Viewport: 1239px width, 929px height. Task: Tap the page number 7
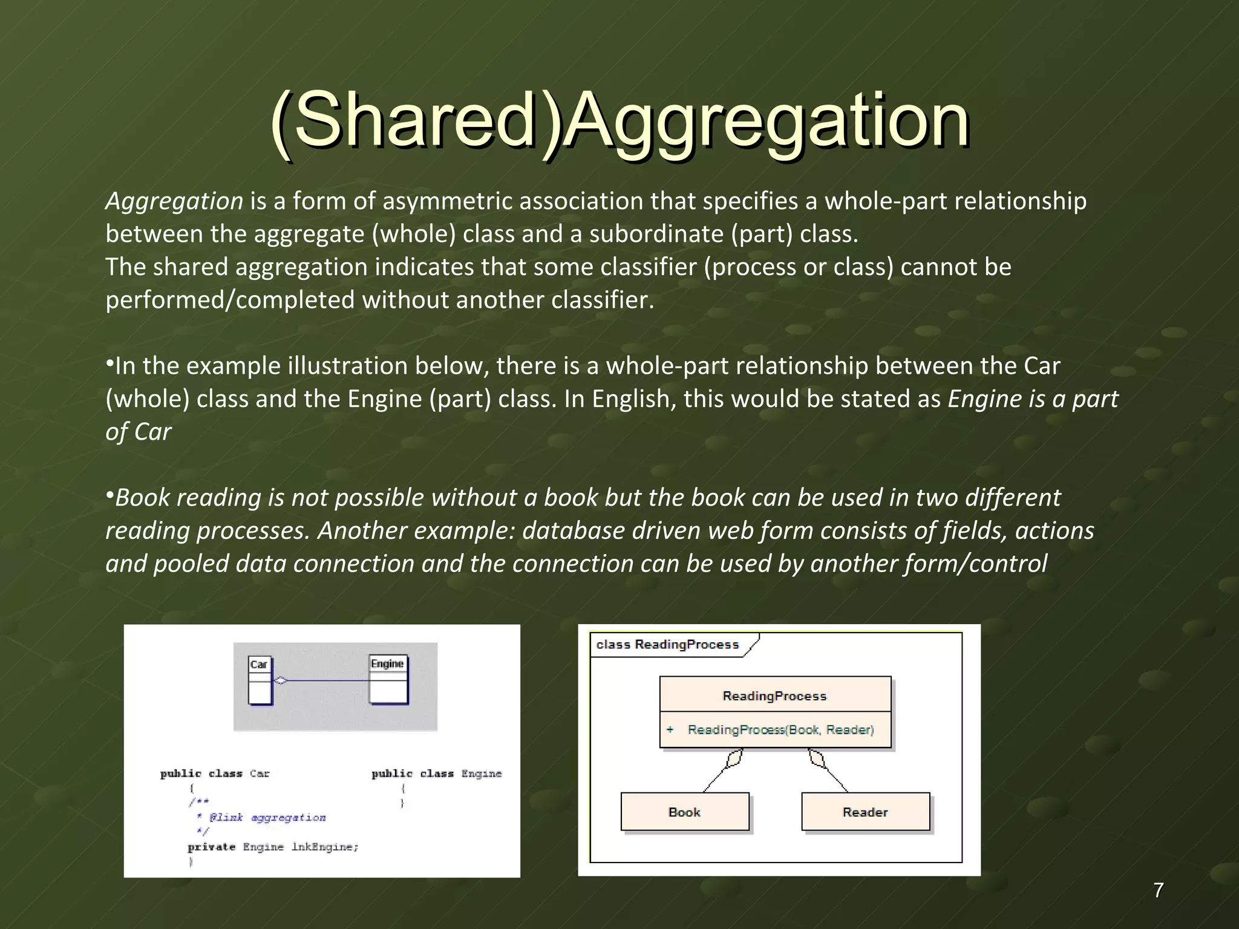pyautogui.click(x=1158, y=890)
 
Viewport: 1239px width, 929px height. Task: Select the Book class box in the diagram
pyautogui.click(x=685, y=812)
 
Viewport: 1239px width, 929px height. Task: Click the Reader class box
pyautogui.click(x=865, y=812)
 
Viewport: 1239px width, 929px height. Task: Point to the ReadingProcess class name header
pyautogui.click(x=774, y=696)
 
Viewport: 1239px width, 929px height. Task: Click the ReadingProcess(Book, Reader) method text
pyautogui.click(x=780, y=730)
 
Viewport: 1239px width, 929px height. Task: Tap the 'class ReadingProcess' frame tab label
pyautogui.click(x=667, y=645)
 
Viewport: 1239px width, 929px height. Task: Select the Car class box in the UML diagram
pyautogui.click(x=260, y=681)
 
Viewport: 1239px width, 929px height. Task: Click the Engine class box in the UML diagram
pyautogui.click(x=388, y=680)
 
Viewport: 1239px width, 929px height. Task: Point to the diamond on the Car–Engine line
pyautogui.click(x=281, y=681)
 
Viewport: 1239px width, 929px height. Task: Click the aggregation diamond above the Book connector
pyautogui.click(x=734, y=758)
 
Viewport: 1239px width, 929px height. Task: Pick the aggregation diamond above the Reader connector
pyautogui.click(x=817, y=758)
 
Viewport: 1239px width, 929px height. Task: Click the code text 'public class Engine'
pyautogui.click(x=436, y=774)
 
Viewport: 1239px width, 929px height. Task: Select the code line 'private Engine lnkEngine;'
pyautogui.click(x=273, y=847)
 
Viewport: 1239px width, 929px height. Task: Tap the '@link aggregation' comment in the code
pyautogui.click(x=267, y=818)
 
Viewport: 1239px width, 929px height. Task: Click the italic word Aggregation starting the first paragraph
pyautogui.click(x=174, y=201)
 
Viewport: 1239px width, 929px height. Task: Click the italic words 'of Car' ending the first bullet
pyautogui.click(x=139, y=432)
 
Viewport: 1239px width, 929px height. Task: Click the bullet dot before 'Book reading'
pyautogui.click(x=110, y=496)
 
